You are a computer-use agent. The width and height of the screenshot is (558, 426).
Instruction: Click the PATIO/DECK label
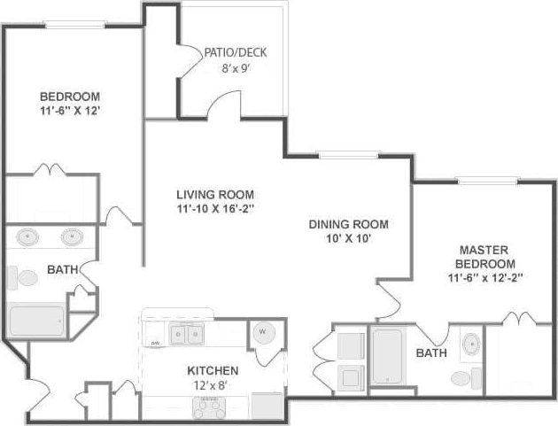[x=235, y=52]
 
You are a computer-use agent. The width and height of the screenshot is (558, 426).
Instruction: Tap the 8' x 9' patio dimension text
[x=235, y=67]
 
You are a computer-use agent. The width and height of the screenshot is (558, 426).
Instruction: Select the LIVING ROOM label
[x=215, y=195]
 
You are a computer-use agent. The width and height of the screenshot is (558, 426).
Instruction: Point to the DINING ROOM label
[x=348, y=224]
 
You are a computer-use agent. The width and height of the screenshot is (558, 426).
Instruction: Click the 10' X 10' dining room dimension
[x=348, y=239]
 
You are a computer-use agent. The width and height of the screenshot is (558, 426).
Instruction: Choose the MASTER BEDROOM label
[x=485, y=257]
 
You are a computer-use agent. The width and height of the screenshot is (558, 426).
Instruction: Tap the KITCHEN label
[x=211, y=369]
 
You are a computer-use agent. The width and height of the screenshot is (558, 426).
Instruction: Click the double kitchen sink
[x=187, y=334]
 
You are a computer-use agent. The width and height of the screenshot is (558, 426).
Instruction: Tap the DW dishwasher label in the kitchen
[x=155, y=343]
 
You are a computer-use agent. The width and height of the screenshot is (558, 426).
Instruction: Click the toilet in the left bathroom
[x=26, y=278]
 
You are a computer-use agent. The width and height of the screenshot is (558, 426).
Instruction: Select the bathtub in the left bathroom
[x=37, y=320]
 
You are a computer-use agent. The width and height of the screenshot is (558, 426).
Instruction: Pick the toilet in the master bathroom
[x=461, y=378]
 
